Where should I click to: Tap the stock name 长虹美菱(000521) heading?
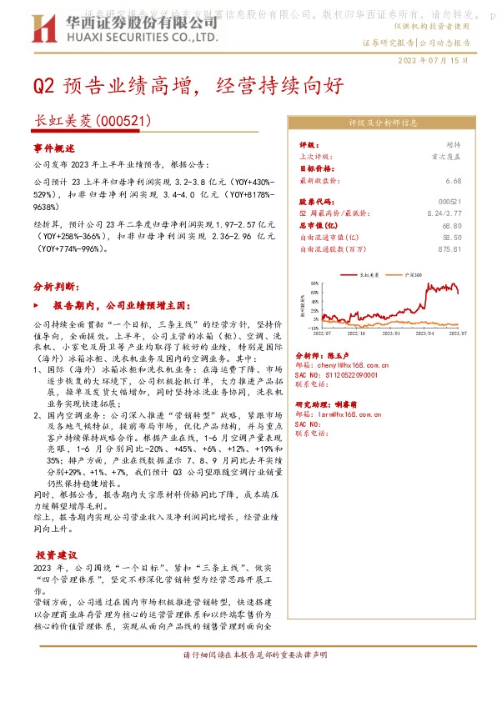[x=92, y=121]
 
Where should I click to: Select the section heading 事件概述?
[x=54, y=148]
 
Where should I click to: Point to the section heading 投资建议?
[x=55, y=554]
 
